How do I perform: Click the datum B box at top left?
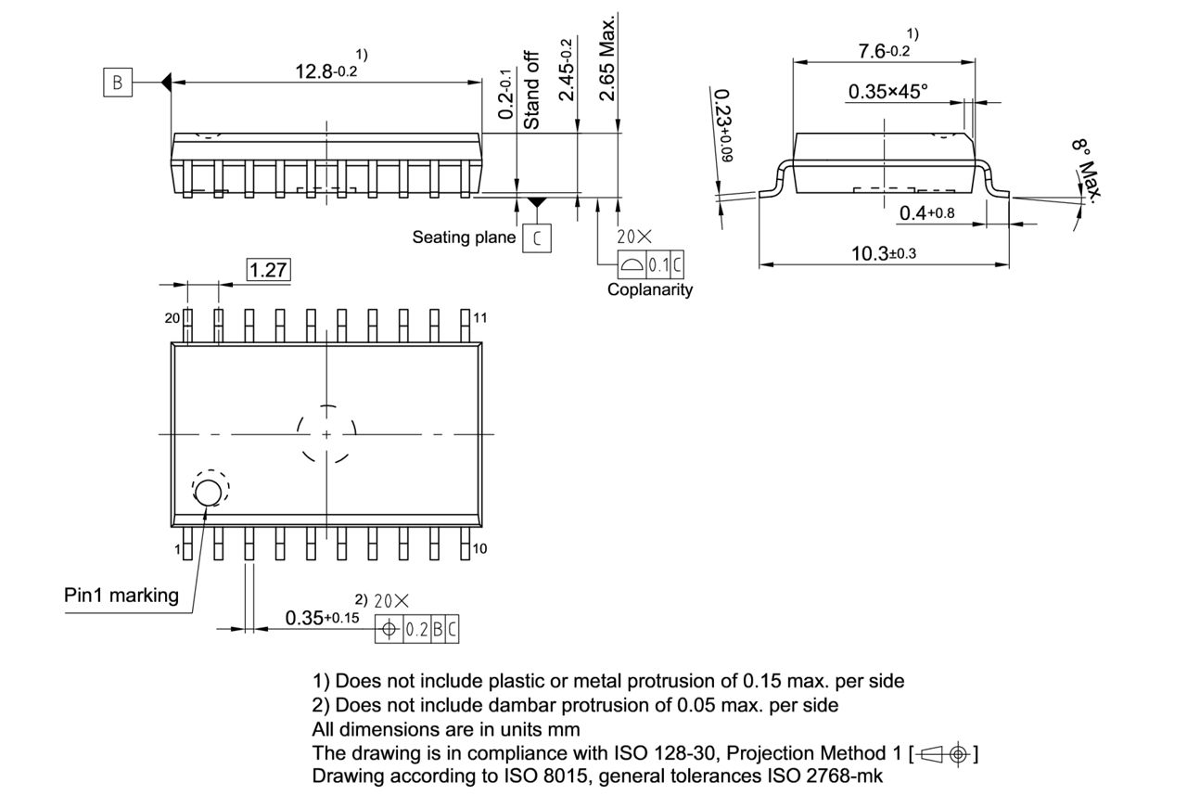(117, 83)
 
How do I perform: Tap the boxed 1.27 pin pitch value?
(268, 270)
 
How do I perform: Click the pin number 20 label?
(172, 318)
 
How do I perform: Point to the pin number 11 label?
(480, 318)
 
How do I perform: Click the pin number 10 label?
(479, 549)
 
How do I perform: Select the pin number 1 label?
(176, 549)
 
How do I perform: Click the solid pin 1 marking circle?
(208, 494)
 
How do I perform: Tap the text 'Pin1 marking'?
(121, 596)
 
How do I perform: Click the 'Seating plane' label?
(464, 237)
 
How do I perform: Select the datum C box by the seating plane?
(536, 238)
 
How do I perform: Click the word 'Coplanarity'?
(649, 289)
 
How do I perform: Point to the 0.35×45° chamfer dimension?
(887, 91)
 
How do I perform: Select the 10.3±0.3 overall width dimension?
(883, 253)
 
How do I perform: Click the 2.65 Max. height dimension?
(608, 58)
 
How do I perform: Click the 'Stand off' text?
(532, 90)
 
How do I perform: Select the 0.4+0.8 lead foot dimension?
(926, 213)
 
